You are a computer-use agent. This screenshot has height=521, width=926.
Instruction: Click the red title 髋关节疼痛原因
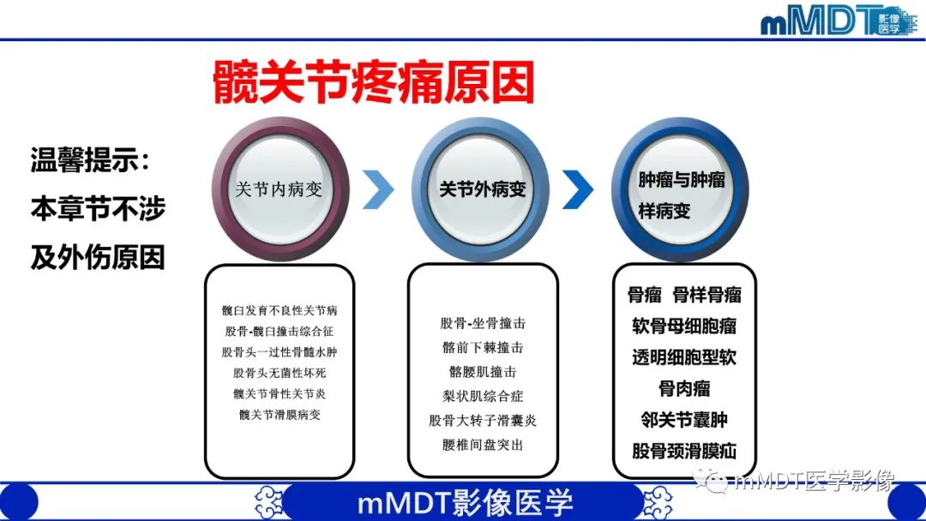tap(374, 84)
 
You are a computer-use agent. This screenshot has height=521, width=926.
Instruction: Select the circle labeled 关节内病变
tap(280, 189)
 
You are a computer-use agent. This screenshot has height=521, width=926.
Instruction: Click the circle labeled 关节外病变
tap(482, 189)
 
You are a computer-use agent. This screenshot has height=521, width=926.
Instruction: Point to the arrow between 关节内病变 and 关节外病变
tap(378, 189)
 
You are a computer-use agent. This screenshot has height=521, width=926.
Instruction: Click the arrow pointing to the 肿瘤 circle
tap(578, 189)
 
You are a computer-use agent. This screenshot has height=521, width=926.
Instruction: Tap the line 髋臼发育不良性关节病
tap(280, 310)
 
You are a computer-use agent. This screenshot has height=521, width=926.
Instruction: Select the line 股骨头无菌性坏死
tap(280, 373)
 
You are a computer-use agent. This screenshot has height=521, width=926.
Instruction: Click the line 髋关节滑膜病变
tap(280, 415)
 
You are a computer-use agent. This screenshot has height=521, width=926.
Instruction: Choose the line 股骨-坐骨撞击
tap(483, 323)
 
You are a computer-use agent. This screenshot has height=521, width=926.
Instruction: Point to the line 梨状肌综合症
tap(483, 397)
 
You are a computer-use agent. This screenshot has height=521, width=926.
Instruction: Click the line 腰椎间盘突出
tap(483, 445)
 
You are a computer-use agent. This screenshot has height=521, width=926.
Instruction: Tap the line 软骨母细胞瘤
tap(684, 326)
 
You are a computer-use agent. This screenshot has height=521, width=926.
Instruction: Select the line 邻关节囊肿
tap(684, 420)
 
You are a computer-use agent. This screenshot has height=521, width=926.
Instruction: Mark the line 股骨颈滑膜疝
tap(684, 451)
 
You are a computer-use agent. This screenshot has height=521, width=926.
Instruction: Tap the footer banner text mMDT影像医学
tap(464, 502)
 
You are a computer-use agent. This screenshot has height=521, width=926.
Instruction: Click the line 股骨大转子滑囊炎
tap(483, 421)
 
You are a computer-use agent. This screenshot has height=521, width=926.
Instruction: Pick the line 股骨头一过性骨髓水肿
tap(280, 352)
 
